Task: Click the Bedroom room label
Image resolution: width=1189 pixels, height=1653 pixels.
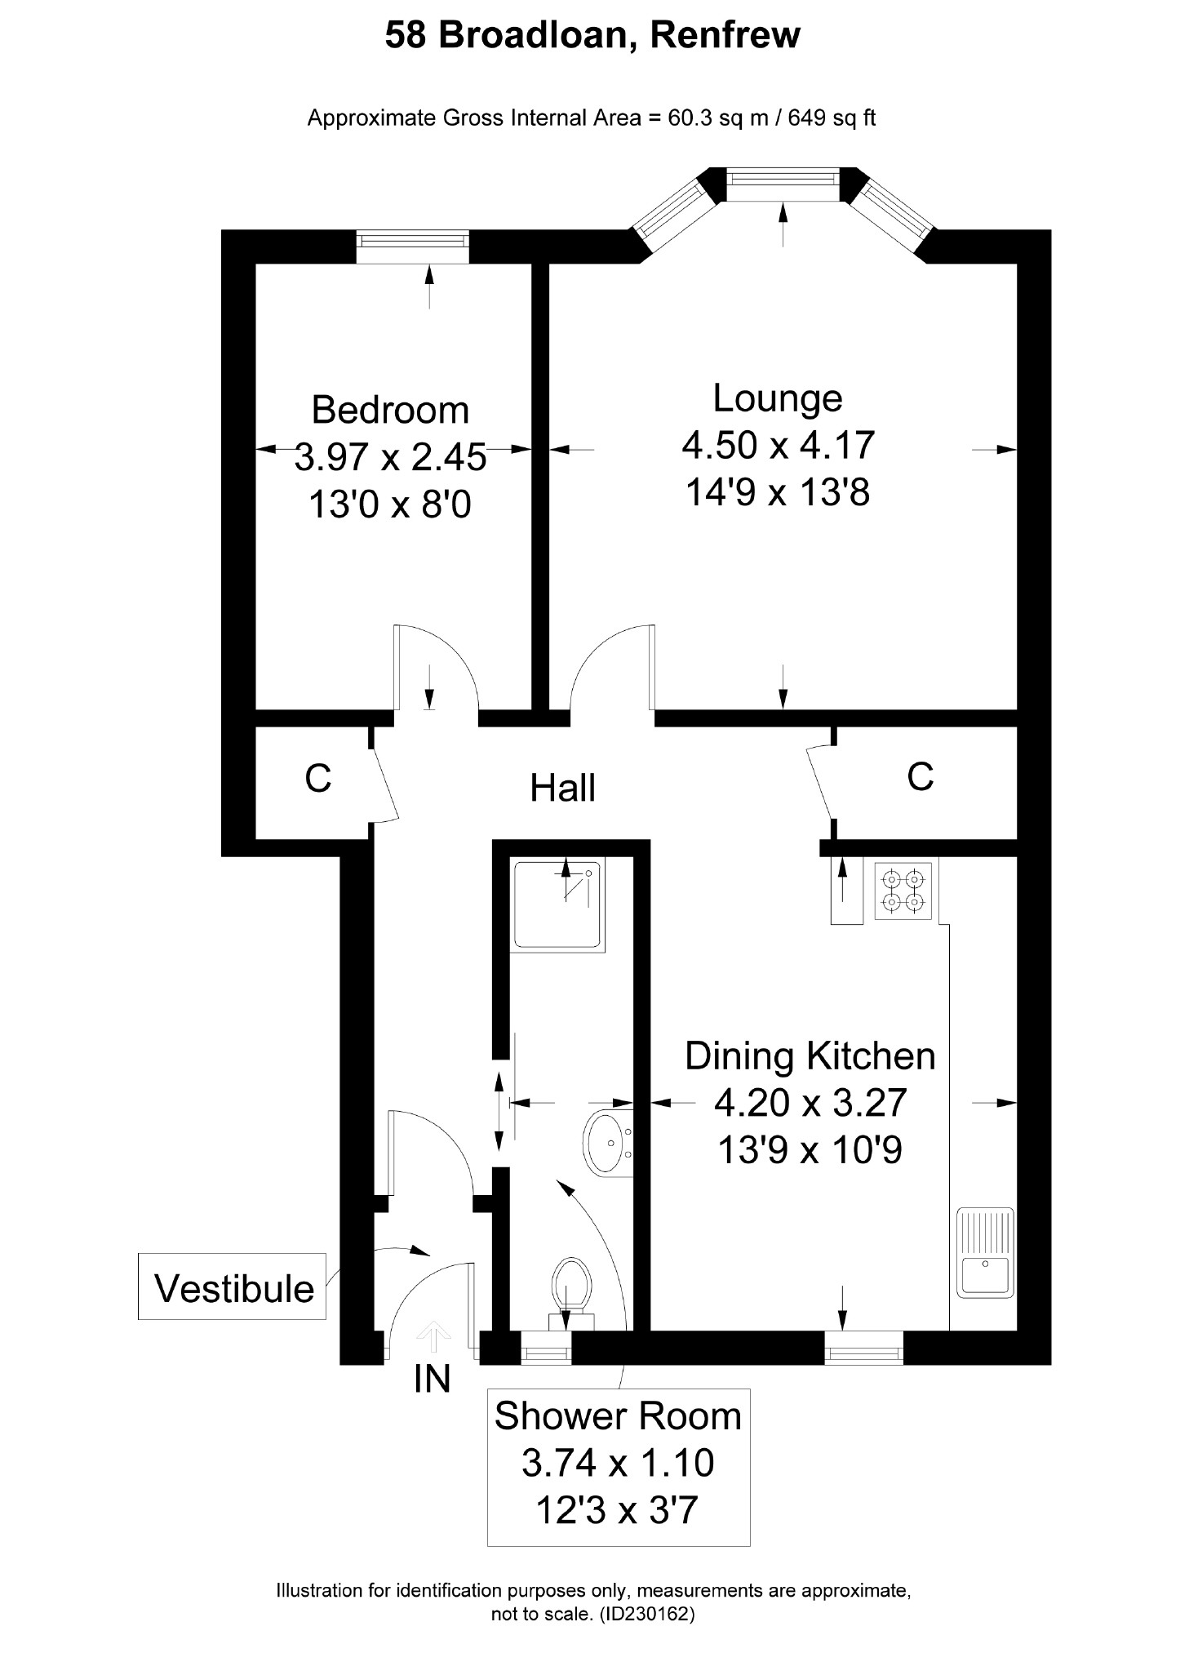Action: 390,410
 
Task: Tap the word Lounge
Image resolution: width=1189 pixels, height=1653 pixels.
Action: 777,398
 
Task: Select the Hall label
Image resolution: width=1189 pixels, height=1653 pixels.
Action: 562,789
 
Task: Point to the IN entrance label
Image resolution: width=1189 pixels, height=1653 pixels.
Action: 433,1379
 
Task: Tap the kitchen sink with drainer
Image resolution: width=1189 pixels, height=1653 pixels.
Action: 985,1253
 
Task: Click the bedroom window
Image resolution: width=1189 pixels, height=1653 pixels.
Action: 413,246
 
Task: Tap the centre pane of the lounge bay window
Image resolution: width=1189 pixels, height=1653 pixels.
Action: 783,184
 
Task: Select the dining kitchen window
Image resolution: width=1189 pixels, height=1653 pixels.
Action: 863,1348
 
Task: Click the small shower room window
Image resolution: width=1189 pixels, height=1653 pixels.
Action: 545,1348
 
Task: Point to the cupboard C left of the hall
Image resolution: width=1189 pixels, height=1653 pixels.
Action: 317,779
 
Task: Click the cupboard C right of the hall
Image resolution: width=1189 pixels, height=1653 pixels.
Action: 920,777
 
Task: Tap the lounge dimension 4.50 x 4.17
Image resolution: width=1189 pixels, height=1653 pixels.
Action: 778,446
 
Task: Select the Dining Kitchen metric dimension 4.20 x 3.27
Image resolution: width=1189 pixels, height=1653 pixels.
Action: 810,1103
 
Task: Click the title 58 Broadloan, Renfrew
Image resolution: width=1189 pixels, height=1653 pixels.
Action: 592,36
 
